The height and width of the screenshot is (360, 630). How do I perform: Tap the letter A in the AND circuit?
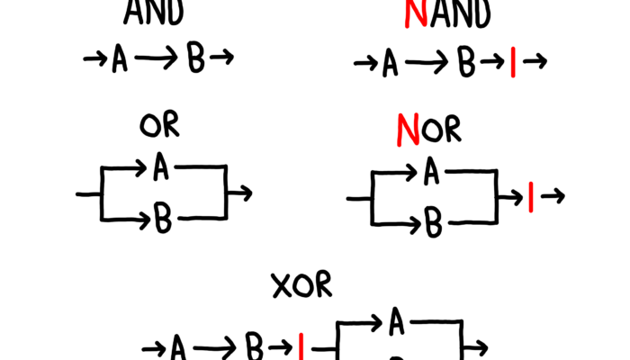click(119, 60)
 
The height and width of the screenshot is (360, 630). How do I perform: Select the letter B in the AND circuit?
click(195, 60)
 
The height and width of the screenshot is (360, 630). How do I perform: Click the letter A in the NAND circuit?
click(390, 64)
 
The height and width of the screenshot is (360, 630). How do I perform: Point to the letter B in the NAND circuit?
click(466, 64)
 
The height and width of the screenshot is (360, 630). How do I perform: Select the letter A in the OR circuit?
click(161, 166)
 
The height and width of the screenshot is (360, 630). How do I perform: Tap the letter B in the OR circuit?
click(163, 217)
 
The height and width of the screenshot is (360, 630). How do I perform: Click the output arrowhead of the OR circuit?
click(246, 192)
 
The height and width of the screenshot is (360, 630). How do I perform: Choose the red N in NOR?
click(409, 131)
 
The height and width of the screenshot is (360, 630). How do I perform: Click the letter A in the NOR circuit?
click(432, 172)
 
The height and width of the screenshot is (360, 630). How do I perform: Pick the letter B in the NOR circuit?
click(434, 223)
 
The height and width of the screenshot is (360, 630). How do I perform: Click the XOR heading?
click(302, 286)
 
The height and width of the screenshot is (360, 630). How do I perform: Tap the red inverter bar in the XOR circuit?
click(302, 346)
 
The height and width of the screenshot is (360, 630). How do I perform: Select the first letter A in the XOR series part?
click(178, 346)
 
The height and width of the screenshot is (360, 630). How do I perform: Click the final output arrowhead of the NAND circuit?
click(541, 63)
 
